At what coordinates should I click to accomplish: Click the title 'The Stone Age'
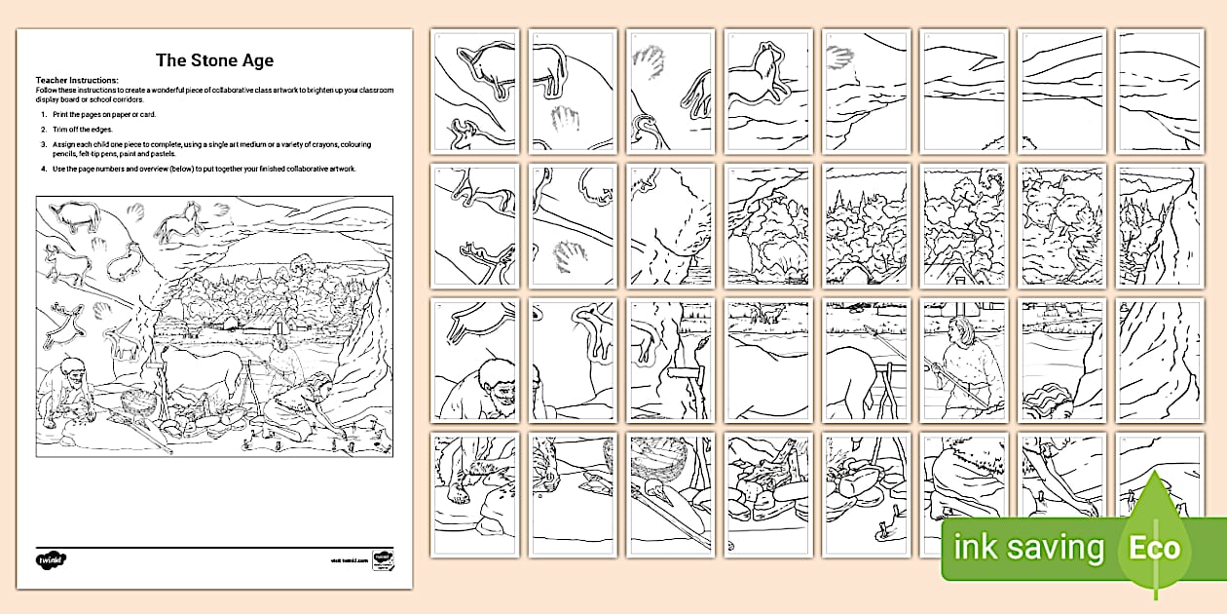[214, 60]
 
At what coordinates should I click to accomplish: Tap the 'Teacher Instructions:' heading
[77, 80]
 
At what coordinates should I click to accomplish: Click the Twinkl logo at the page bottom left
[50, 560]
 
